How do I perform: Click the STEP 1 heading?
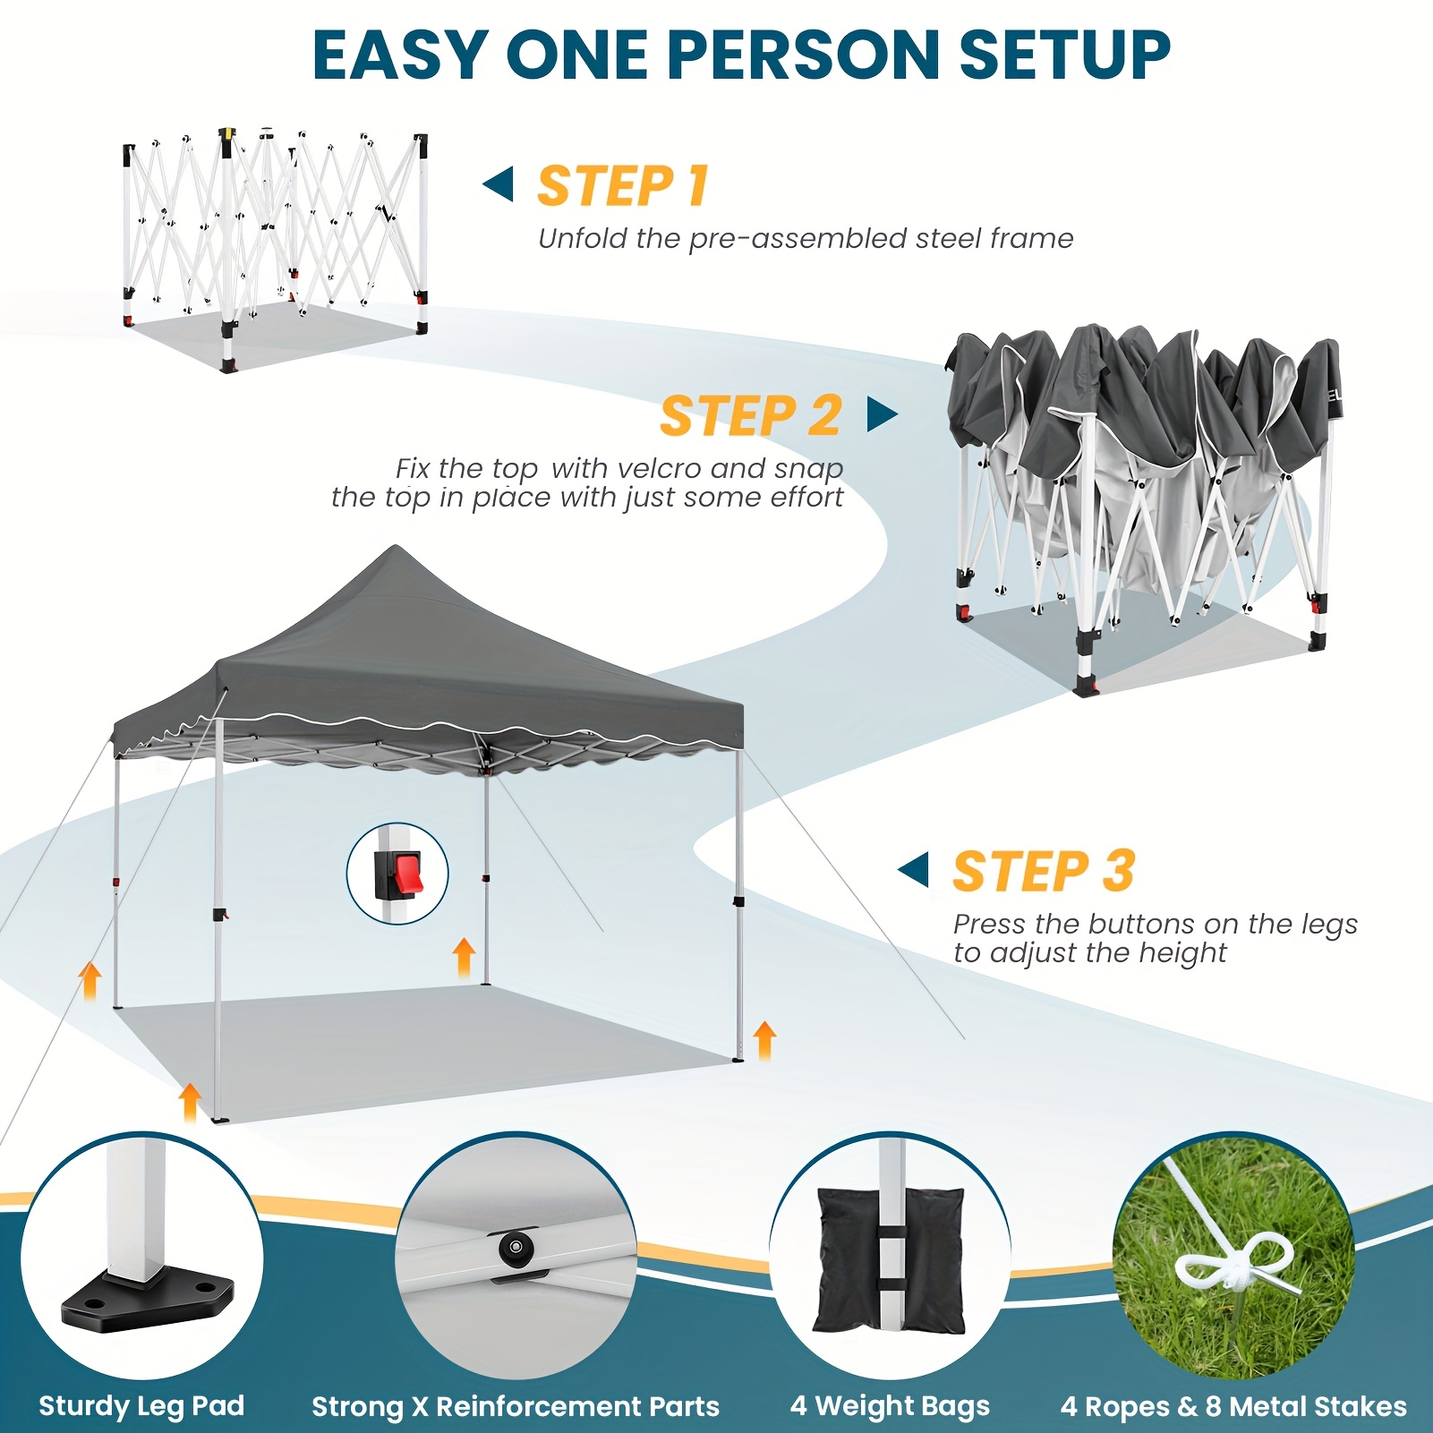[623, 186]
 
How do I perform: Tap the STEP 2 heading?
[751, 416]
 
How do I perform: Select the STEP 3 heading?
[1044, 871]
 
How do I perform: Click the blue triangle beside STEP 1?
[498, 184]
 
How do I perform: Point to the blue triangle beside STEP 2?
[883, 414]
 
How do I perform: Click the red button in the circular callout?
[408, 874]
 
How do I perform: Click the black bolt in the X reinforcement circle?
[514, 1246]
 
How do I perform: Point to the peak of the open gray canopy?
[395, 546]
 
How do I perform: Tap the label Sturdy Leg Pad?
[141, 1405]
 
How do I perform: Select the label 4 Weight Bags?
[890, 1405]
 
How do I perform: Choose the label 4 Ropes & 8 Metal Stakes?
[1233, 1406]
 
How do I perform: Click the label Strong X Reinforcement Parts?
[516, 1406]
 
